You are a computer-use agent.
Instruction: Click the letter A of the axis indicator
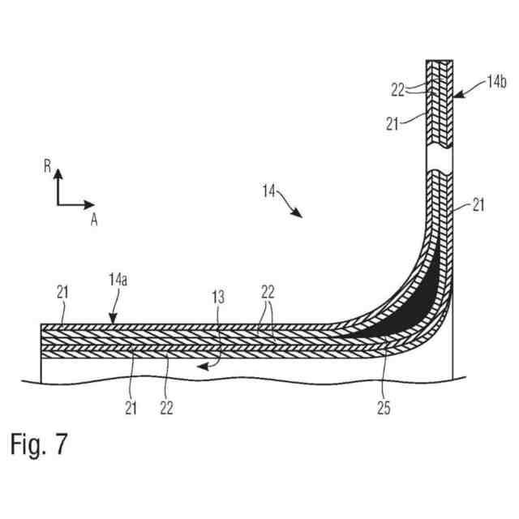(94, 219)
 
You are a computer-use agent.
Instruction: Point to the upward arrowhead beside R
(58, 174)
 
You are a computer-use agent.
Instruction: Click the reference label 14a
(118, 281)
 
